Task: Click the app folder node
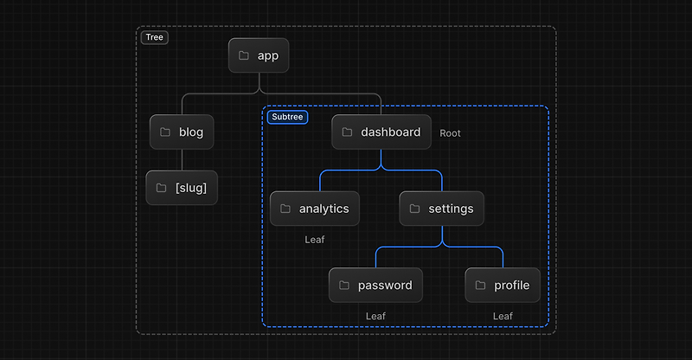[x=259, y=55]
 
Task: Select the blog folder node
[x=182, y=132]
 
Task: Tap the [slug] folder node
[x=182, y=188]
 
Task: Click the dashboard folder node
[x=381, y=132]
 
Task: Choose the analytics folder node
[x=315, y=209]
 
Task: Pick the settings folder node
[x=441, y=209]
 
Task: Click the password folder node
[x=375, y=285]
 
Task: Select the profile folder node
[x=503, y=285]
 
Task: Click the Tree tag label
[x=155, y=37]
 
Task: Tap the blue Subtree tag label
[x=287, y=117]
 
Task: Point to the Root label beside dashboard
[x=450, y=133]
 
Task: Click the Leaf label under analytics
[x=315, y=240]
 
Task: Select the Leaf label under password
[x=375, y=316]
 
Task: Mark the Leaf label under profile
[x=503, y=316]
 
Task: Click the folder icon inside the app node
[x=244, y=55]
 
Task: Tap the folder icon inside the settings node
[x=414, y=209]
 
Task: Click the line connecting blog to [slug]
[x=182, y=160]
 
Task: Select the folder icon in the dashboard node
[x=347, y=132]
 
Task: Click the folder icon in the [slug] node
[x=161, y=188]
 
